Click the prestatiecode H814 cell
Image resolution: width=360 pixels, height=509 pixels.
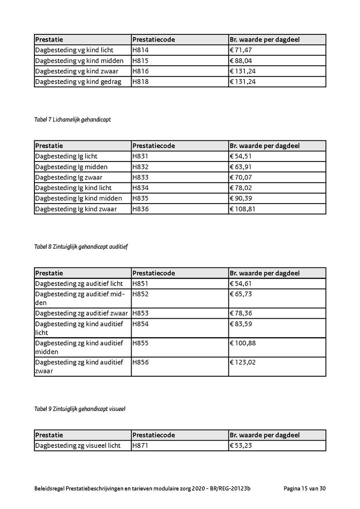(140, 50)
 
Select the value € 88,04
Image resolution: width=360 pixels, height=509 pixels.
(241, 61)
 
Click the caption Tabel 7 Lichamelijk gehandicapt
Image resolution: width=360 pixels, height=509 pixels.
(72, 120)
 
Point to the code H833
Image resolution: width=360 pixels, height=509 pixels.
(140, 178)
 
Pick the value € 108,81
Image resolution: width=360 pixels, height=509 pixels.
(242, 209)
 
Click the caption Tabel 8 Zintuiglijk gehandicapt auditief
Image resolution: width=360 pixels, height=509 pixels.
(81, 247)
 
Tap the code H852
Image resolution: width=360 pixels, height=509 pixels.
(140, 294)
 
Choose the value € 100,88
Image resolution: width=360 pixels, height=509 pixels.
(242, 343)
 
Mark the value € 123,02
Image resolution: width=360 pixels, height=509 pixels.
(242, 362)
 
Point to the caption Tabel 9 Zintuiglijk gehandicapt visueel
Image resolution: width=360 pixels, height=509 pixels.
(80, 409)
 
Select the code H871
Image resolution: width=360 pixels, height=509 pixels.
(140, 445)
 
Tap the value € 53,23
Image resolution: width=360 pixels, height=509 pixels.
(241, 445)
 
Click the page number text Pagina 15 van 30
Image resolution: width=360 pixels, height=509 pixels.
(305, 489)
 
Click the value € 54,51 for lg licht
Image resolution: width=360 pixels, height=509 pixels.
(241, 156)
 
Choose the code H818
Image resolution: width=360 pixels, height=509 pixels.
(140, 82)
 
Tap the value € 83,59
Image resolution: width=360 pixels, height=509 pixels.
(241, 324)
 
